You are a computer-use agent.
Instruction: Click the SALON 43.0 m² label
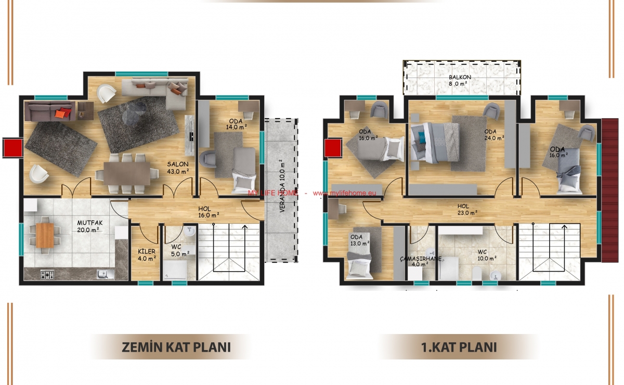click(x=178, y=168)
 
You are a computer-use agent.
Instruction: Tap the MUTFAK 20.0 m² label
click(x=89, y=226)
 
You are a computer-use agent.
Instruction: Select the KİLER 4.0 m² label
click(x=147, y=255)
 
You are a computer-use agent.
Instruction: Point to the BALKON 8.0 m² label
click(x=460, y=80)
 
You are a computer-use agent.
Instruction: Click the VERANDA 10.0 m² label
click(x=282, y=186)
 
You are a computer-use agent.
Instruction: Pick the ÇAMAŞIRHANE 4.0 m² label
click(x=421, y=261)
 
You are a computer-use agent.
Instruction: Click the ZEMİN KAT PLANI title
click(x=176, y=348)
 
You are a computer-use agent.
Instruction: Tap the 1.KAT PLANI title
click(x=459, y=348)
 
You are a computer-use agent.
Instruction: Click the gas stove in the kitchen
click(x=47, y=275)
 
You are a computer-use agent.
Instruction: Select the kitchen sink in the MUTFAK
click(x=105, y=274)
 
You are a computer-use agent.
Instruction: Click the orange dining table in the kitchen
click(x=45, y=236)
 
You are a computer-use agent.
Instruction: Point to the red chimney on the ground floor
click(x=13, y=148)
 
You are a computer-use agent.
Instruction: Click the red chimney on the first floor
click(x=333, y=148)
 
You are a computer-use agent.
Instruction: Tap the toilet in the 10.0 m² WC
click(x=477, y=273)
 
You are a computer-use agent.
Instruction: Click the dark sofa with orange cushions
click(x=49, y=111)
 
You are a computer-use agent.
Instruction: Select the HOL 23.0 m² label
click(x=467, y=209)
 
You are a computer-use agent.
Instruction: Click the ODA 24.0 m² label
click(x=494, y=135)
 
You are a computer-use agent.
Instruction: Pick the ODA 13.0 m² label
click(x=360, y=240)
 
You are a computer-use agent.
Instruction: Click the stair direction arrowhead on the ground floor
click(x=244, y=227)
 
